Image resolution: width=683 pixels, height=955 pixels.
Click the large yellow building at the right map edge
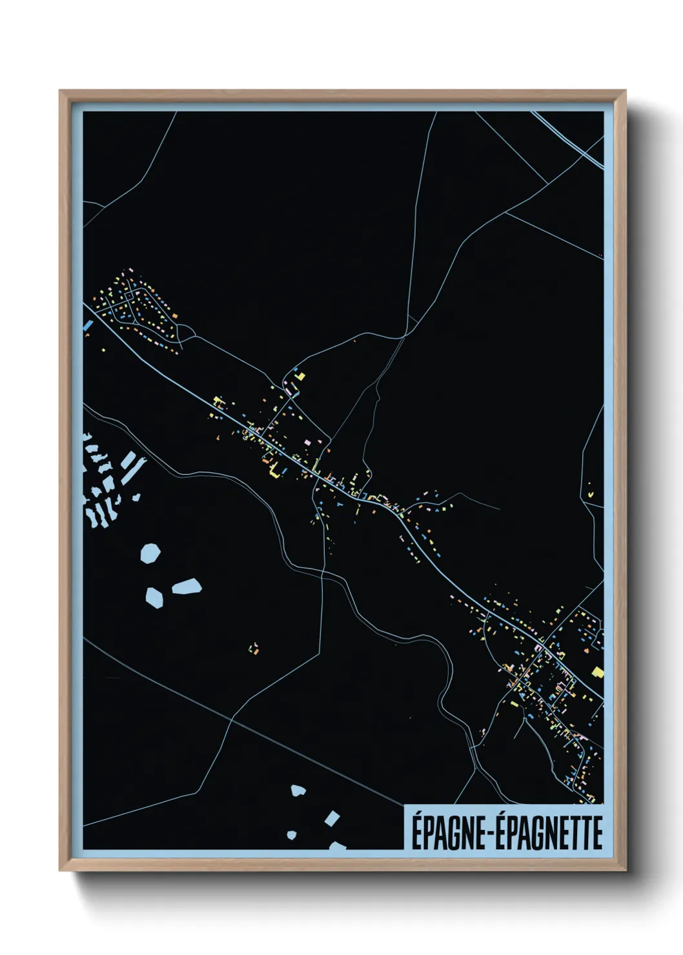pyautogui.click(x=597, y=672)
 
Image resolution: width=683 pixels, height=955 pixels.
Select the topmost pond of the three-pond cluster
pyautogui.click(x=150, y=553)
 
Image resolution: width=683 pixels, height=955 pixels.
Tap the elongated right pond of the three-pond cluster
pyautogui.click(x=187, y=587)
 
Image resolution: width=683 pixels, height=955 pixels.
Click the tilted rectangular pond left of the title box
pyautogui.click(x=332, y=819)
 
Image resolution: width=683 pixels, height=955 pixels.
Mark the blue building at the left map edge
pyautogui.click(x=88, y=325)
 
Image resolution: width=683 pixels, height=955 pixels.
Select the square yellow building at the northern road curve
pyautogui.click(x=300, y=376)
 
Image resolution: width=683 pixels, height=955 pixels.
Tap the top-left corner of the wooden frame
pyautogui.click(x=61, y=92)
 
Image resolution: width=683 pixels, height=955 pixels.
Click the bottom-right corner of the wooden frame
pyautogui.click(x=624, y=869)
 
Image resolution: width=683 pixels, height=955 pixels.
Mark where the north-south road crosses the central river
pyautogui.click(x=321, y=572)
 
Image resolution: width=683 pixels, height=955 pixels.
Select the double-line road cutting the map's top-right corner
pyautogui.click(x=568, y=139)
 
